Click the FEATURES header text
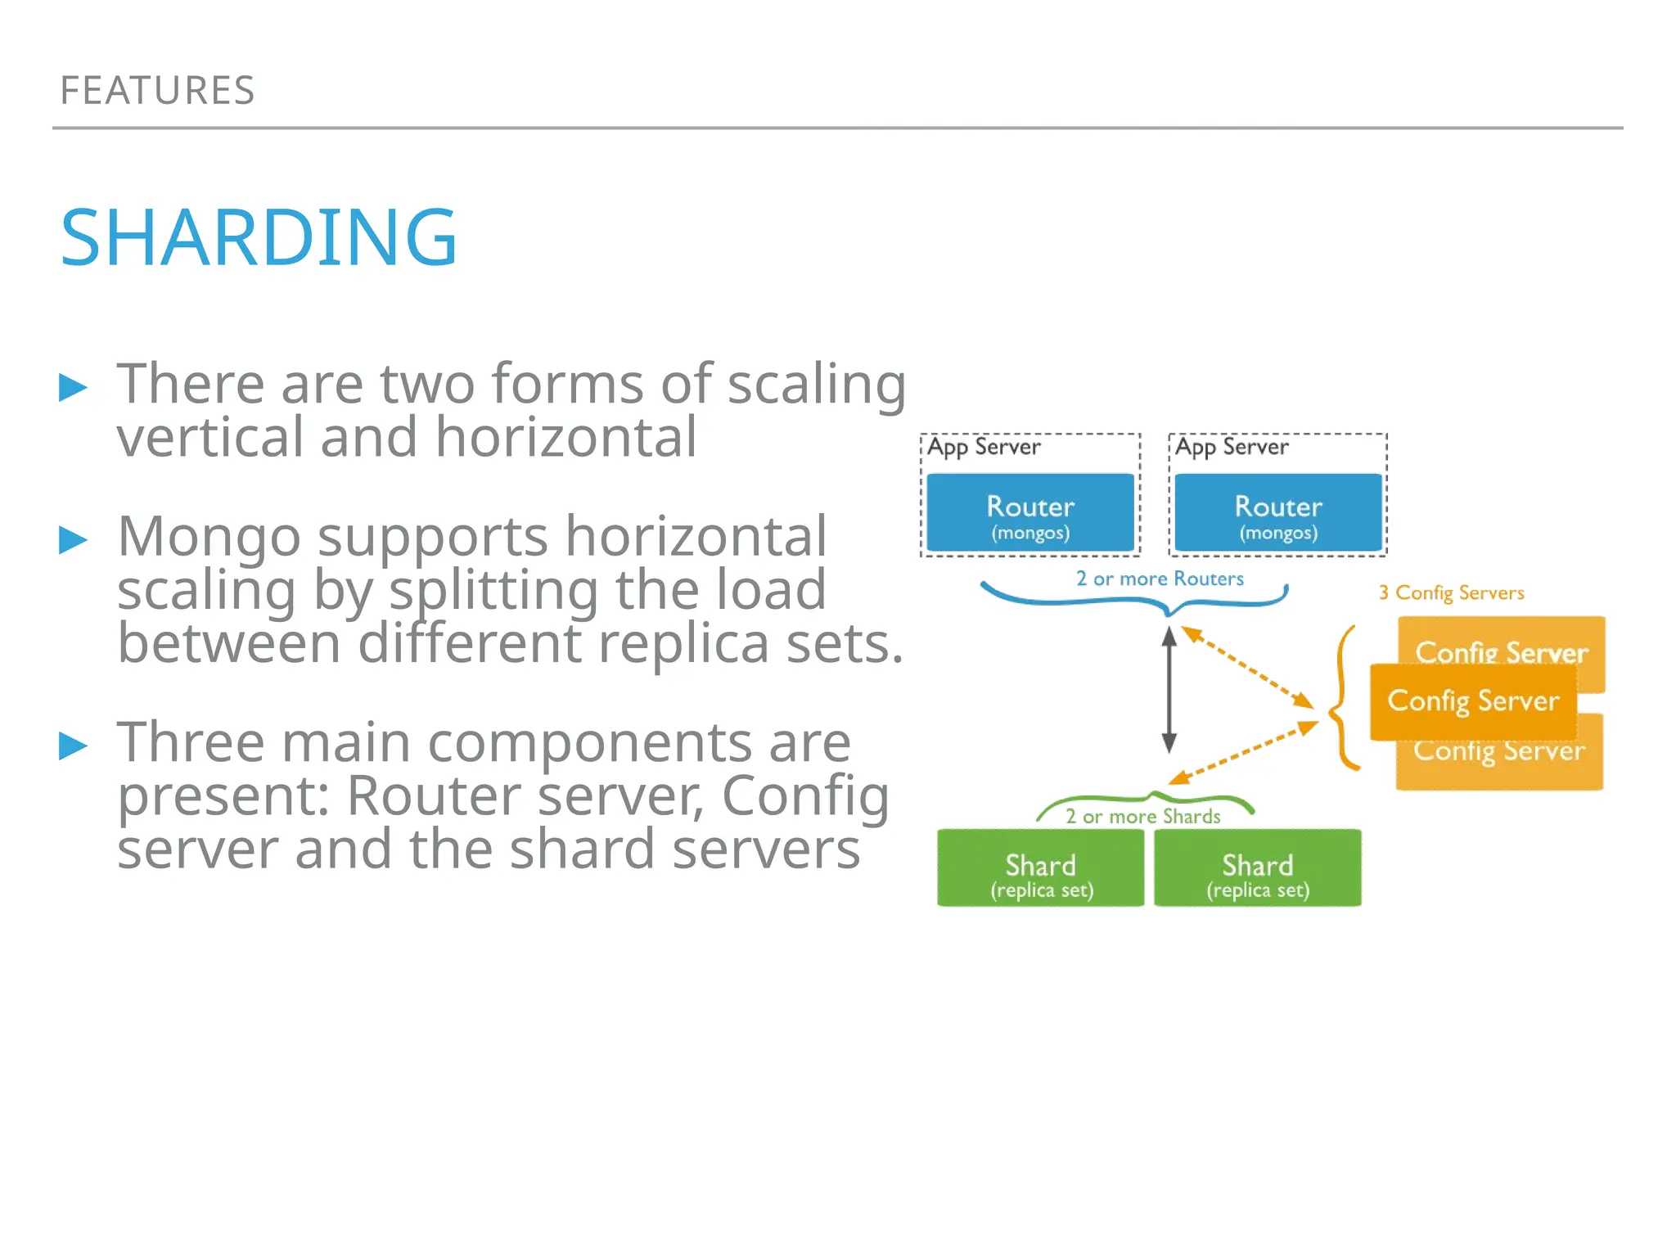point(157,90)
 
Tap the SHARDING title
point(259,237)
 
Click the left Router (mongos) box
point(1029,513)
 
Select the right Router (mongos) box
point(1277,513)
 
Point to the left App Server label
point(984,447)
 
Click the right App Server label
point(1232,447)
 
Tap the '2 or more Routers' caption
point(1160,579)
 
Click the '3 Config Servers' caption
point(1451,592)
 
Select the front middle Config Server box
point(1473,701)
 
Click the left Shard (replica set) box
point(1040,868)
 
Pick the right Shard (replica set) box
point(1257,868)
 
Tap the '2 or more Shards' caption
point(1142,816)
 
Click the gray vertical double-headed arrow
point(1169,690)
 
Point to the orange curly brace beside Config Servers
point(1342,698)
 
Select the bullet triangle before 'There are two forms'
point(73,387)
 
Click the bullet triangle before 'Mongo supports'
point(73,540)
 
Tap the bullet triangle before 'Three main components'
point(73,746)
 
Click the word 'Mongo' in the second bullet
point(209,537)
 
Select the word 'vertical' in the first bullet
point(209,438)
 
